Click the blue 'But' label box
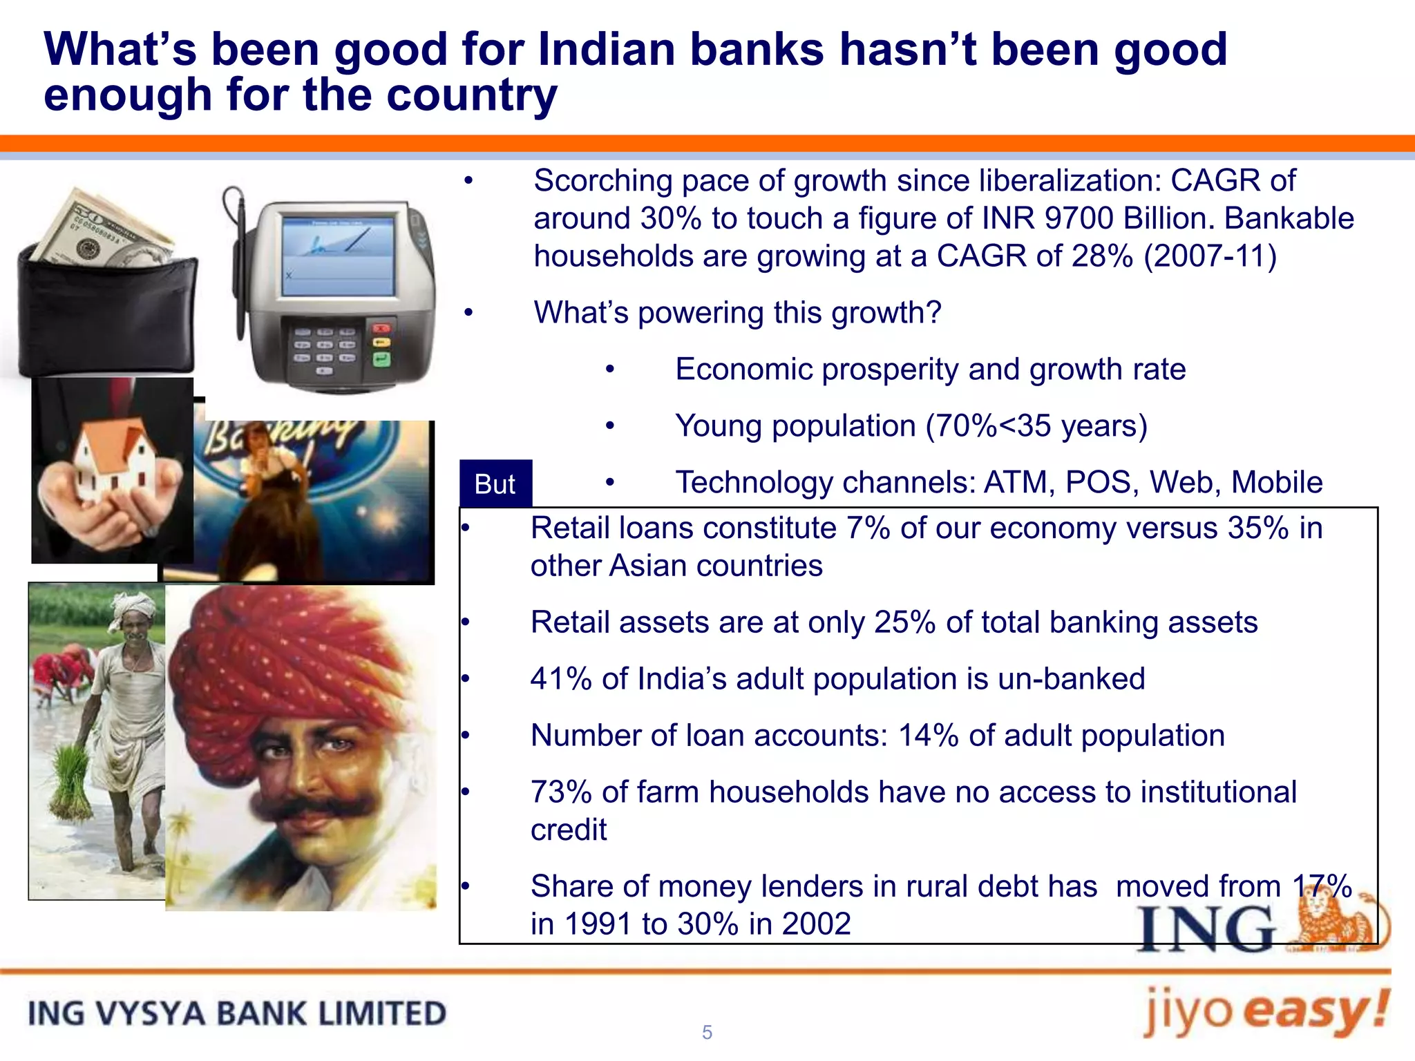click(x=495, y=484)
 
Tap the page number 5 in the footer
click(x=707, y=1032)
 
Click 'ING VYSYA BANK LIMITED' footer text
click(x=237, y=1014)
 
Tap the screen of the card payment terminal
click(x=338, y=256)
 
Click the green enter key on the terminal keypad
click(x=381, y=359)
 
